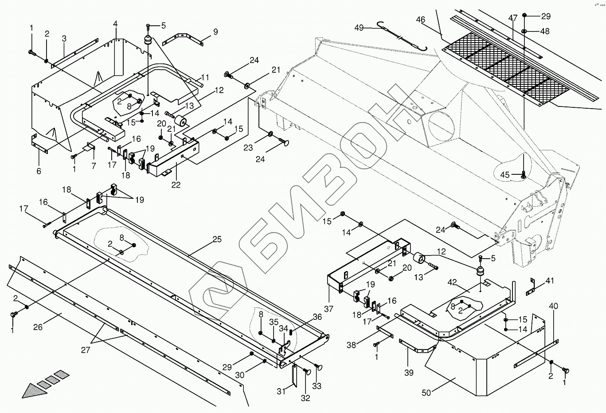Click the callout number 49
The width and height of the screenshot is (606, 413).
359,28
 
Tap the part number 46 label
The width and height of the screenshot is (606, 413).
421,20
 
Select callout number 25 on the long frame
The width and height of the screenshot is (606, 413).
217,240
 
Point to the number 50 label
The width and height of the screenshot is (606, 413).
426,393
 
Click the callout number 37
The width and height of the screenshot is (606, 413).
328,309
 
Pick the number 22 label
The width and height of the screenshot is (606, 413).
176,185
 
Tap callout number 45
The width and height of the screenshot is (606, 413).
505,175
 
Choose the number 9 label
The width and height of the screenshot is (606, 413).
215,32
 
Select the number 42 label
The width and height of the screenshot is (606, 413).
452,282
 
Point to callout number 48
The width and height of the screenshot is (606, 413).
545,31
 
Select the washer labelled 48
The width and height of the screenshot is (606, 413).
524,31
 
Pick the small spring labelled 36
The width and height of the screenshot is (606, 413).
291,331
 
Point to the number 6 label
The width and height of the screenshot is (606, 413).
39,171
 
